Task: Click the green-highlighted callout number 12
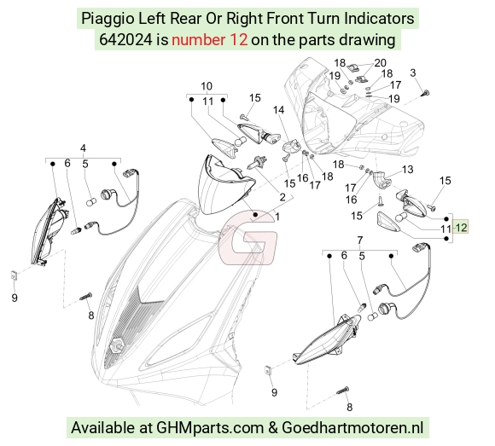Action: point(461,227)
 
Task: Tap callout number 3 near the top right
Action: point(413,72)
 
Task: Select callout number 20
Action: point(380,63)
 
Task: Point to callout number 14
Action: point(278,110)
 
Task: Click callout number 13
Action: point(408,170)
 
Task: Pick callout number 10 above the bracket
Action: point(207,86)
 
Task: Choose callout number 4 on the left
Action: point(83,148)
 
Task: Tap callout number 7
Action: point(360,240)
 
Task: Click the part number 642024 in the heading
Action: point(125,40)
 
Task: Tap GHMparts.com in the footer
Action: point(210,428)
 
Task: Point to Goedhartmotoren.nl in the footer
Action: point(352,428)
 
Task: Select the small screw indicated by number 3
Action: point(426,93)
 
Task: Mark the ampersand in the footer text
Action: point(273,428)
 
